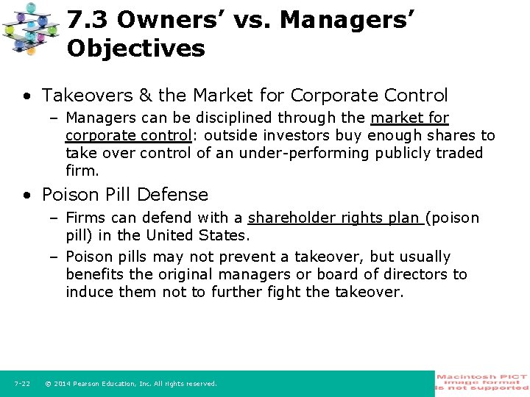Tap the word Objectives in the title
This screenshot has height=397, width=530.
point(135,49)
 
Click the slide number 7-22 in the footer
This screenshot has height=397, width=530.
point(22,384)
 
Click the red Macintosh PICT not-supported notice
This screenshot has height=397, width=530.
point(482,383)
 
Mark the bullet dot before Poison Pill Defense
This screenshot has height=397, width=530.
point(26,196)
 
